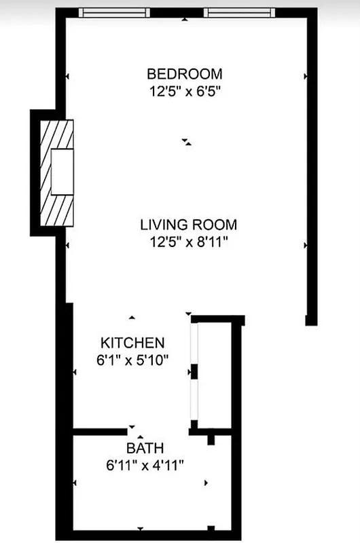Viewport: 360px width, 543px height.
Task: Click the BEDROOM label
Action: point(185,73)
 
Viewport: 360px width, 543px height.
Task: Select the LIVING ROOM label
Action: point(188,225)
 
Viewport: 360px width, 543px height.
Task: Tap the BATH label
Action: point(145,448)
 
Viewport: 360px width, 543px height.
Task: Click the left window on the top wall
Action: point(114,12)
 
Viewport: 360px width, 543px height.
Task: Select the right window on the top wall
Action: point(239,12)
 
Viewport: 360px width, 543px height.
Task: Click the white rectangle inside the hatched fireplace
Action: point(62,171)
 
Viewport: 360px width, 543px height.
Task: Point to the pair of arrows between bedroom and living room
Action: point(187,142)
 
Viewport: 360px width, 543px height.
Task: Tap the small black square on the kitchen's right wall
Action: point(194,372)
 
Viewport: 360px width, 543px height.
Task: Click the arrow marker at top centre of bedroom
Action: point(185,20)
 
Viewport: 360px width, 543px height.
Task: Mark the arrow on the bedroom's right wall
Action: point(305,77)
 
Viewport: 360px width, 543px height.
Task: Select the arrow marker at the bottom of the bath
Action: point(141,528)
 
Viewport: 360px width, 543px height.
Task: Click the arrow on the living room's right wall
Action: point(305,245)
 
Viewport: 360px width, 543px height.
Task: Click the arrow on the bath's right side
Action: point(206,483)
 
